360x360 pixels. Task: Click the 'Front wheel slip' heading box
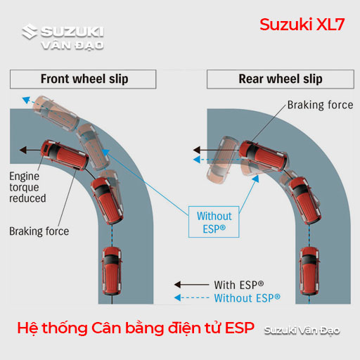[x=83, y=79]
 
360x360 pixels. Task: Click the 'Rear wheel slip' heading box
[x=281, y=79]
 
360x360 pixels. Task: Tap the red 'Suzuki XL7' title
[x=302, y=25]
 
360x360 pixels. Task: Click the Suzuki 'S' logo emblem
[x=30, y=32]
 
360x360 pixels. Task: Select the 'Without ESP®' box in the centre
[x=214, y=221]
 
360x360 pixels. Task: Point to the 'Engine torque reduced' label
[x=27, y=187]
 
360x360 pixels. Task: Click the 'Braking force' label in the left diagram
[x=39, y=231]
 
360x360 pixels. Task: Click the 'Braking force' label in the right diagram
[x=320, y=105]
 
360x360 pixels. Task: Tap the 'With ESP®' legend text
[x=239, y=285]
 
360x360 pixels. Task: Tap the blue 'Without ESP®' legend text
[x=247, y=298]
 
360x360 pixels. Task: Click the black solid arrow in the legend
[x=191, y=285]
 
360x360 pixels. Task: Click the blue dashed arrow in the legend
[x=191, y=297]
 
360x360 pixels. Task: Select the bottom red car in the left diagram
[x=112, y=271]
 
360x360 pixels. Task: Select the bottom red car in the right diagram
[x=309, y=271]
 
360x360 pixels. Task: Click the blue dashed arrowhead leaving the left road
[x=26, y=100]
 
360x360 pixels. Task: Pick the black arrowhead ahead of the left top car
[x=23, y=150]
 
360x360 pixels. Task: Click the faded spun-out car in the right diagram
[x=222, y=160]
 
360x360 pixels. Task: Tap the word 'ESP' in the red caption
[x=240, y=328]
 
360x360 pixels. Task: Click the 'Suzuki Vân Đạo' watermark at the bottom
[x=302, y=330]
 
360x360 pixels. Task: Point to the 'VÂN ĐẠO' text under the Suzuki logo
[x=72, y=45]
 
